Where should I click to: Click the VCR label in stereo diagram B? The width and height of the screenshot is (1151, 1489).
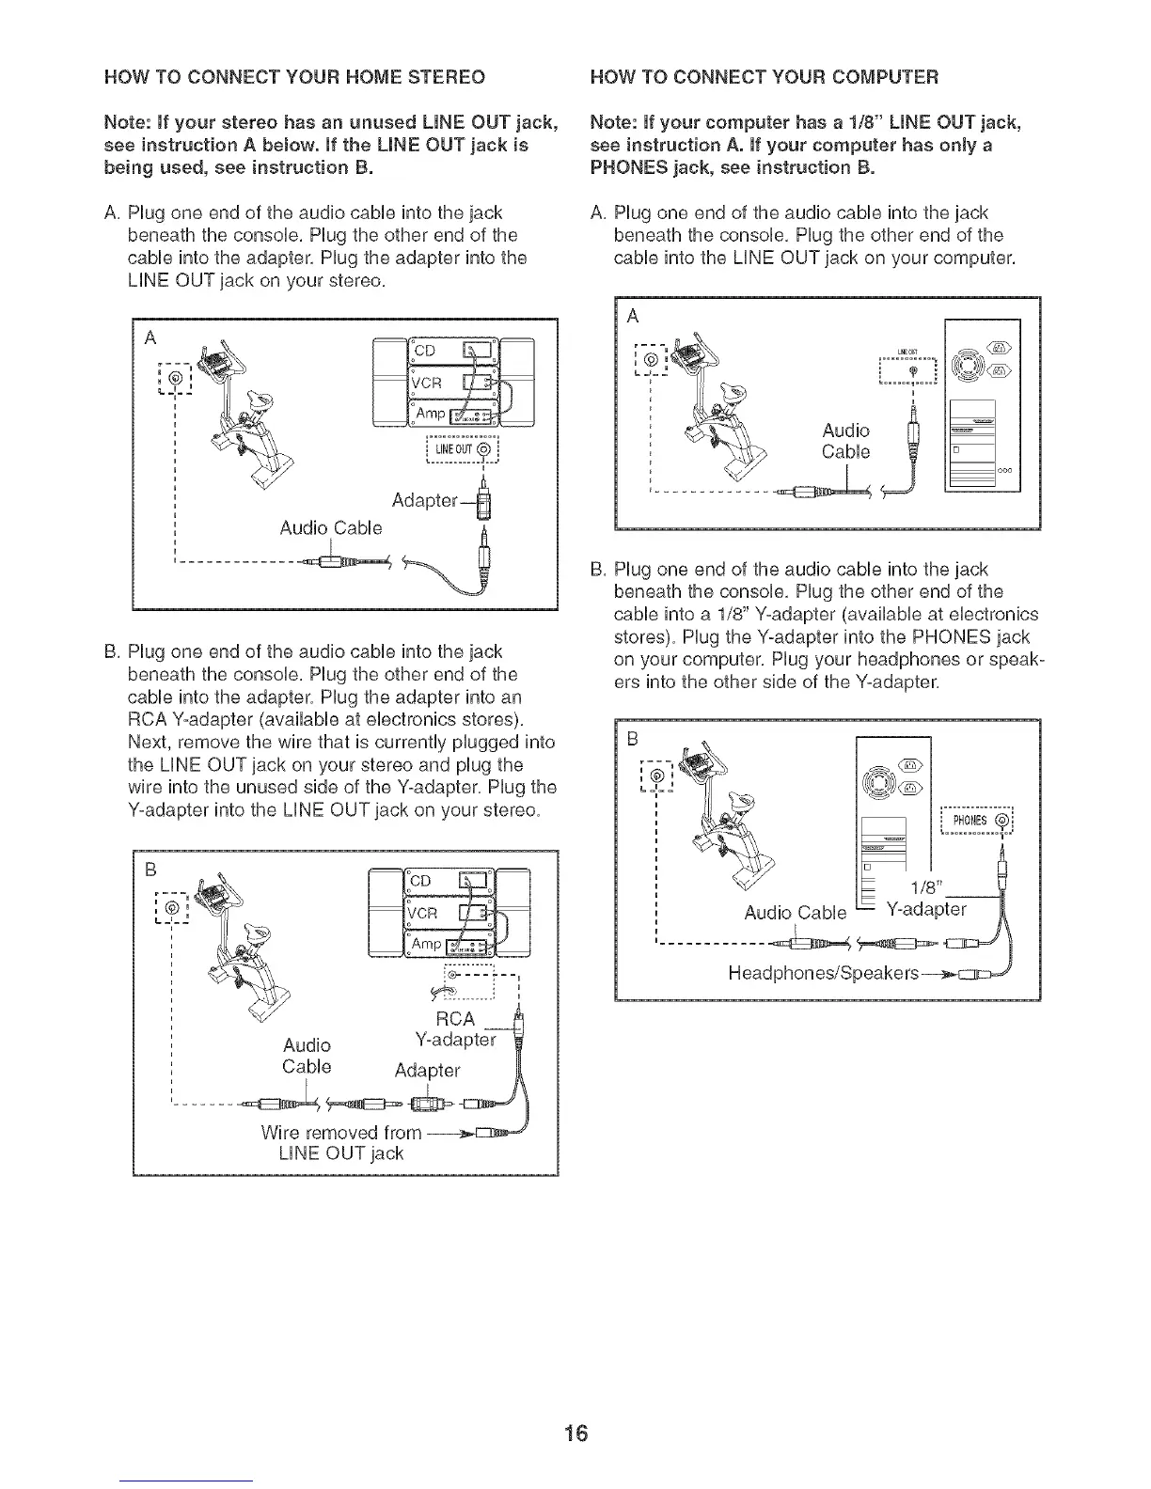coord(422,914)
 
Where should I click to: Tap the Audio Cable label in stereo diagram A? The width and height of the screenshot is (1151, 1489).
coord(331,528)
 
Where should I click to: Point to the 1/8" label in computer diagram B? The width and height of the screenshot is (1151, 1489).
coord(928,889)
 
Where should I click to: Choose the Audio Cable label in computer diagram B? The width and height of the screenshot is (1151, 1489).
coord(795,913)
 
